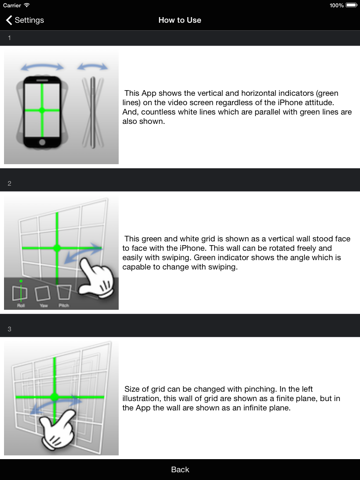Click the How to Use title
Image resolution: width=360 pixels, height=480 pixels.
pyautogui.click(x=180, y=19)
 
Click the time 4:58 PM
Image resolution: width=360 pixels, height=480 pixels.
pyautogui.click(x=180, y=5)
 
